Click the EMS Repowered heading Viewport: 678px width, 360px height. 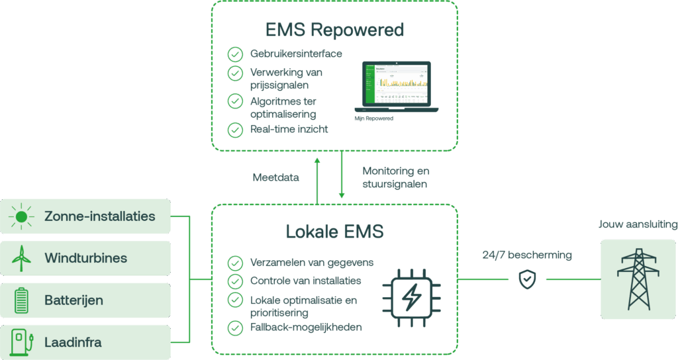click(334, 30)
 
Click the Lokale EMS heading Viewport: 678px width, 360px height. click(334, 232)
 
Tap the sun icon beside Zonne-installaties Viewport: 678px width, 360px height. click(22, 216)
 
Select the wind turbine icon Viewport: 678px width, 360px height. click(22, 258)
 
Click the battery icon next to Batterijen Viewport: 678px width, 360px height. click(22, 300)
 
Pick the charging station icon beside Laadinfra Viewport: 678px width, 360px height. click(22, 343)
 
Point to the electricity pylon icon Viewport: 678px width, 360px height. click(638, 279)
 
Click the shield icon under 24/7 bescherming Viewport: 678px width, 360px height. click(527, 279)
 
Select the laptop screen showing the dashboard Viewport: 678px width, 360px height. click(396, 85)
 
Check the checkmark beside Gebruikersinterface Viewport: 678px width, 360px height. click(235, 54)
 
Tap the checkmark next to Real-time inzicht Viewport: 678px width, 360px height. click(235, 130)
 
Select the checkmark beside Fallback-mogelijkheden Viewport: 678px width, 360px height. click(235, 328)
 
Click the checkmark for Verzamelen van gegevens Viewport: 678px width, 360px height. click(235, 263)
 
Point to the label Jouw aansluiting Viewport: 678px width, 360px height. click(638, 224)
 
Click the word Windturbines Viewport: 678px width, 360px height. click(86, 258)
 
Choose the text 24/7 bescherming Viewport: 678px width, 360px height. click(527, 255)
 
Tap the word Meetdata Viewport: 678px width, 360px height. click(276, 177)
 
